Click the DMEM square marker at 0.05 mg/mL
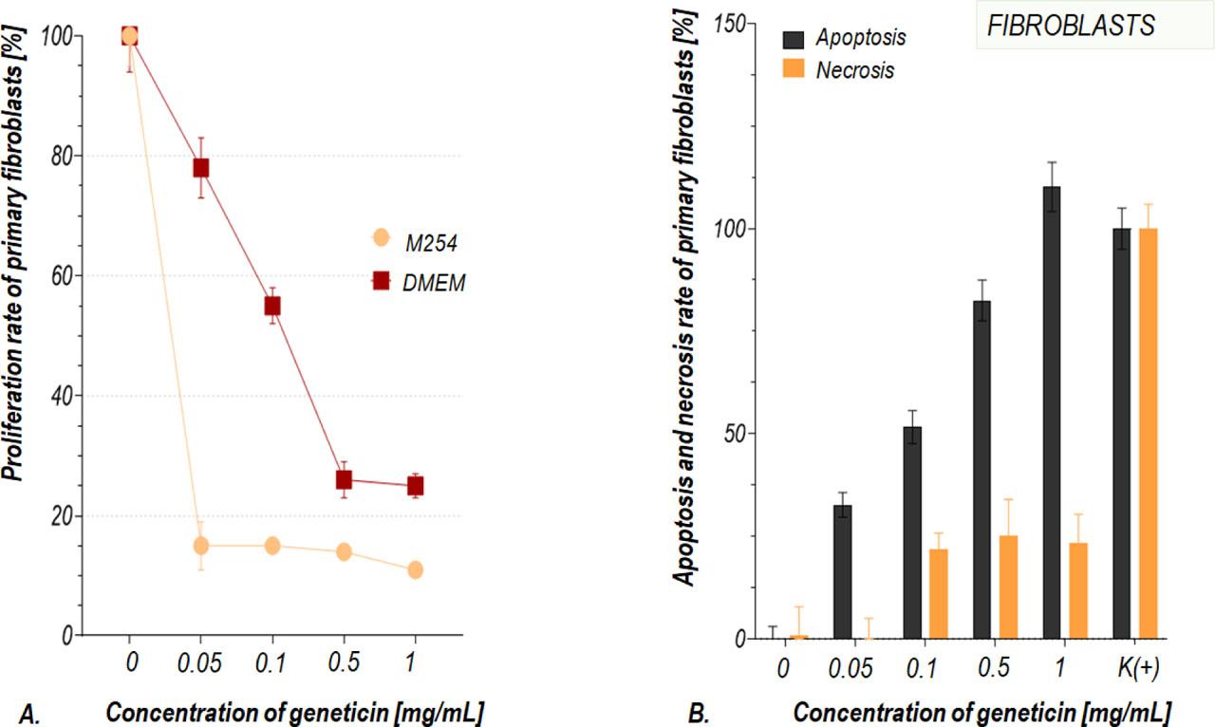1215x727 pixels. (x=201, y=168)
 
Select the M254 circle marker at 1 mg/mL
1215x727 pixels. (x=415, y=569)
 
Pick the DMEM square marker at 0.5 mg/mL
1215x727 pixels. (x=344, y=479)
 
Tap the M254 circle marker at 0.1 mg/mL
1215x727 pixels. (x=272, y=546)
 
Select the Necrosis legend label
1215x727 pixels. (x=854, y=70)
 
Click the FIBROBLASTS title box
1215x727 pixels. (x=1071, y=26)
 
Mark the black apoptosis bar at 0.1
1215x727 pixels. (x=912, y=532)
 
